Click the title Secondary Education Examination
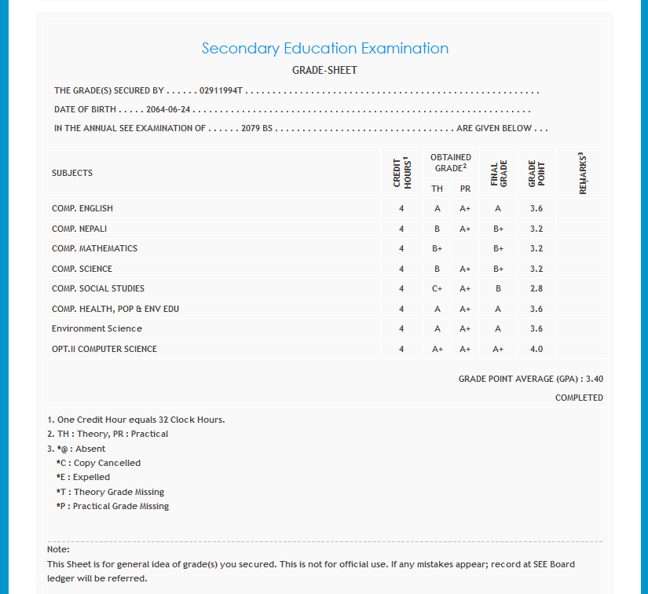pos(324,49)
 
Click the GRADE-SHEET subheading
pos(324,71)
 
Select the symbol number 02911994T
pos(221,91)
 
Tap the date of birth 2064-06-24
pos(168,110)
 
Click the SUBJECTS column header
pos(72,173)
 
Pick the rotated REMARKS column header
pos(583,173)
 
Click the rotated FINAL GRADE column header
pos(498,173)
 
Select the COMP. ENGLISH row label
pos(82,208)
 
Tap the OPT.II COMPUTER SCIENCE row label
pos(104,349)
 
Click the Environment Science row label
pos(97,328)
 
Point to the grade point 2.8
pos(536,288)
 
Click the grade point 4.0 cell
pos(536,349)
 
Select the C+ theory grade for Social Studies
pos(437,288)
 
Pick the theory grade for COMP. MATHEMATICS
pos(437,248)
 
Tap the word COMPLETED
pos(579,398)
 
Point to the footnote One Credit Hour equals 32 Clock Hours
pos(136,420)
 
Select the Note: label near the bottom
pos(58,549)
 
